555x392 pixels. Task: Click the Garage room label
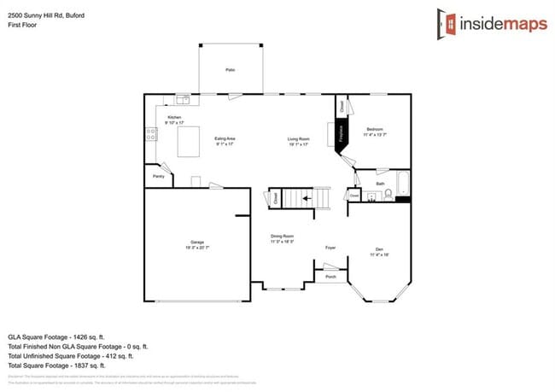pos(197,243)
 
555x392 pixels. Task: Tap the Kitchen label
pos(174,118)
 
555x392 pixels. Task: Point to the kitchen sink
pos(182,99)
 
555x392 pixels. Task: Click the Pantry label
pos(158,177)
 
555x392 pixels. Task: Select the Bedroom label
pos(375,130)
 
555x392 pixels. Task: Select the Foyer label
pos(330,248)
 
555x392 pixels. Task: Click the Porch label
pos(330,277)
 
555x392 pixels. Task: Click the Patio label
pos(230,70)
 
